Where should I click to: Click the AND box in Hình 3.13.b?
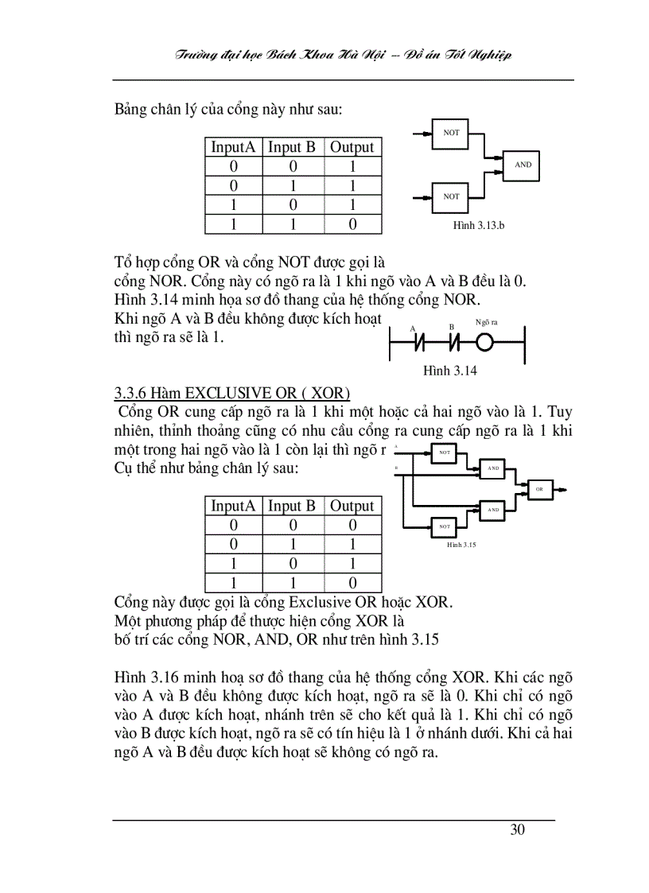pos(523,165)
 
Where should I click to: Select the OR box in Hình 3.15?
pos(538,489)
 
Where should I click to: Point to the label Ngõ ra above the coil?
pos(486,322)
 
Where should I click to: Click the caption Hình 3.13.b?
pos(479,225)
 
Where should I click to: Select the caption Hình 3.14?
pos(450,371)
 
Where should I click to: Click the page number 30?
pos(517,830)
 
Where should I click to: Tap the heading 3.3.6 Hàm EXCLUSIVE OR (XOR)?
pos(232,393)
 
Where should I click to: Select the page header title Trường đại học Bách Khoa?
pos(343,55)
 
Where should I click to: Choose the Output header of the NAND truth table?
pos(352,147)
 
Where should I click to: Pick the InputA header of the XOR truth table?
pos(233,506)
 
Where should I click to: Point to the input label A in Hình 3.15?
pos(396,448)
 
